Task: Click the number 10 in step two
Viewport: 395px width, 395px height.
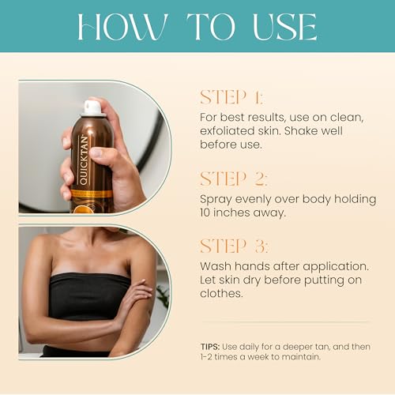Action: tap(206, 212)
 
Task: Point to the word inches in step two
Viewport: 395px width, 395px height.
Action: tap(235, 212)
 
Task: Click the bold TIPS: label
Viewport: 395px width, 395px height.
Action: tap(209, 346)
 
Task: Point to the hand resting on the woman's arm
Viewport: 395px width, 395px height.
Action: tap(134, 299)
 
